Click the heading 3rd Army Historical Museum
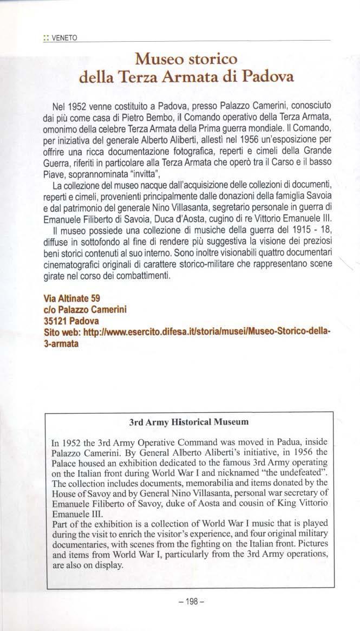tap(189, 420)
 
